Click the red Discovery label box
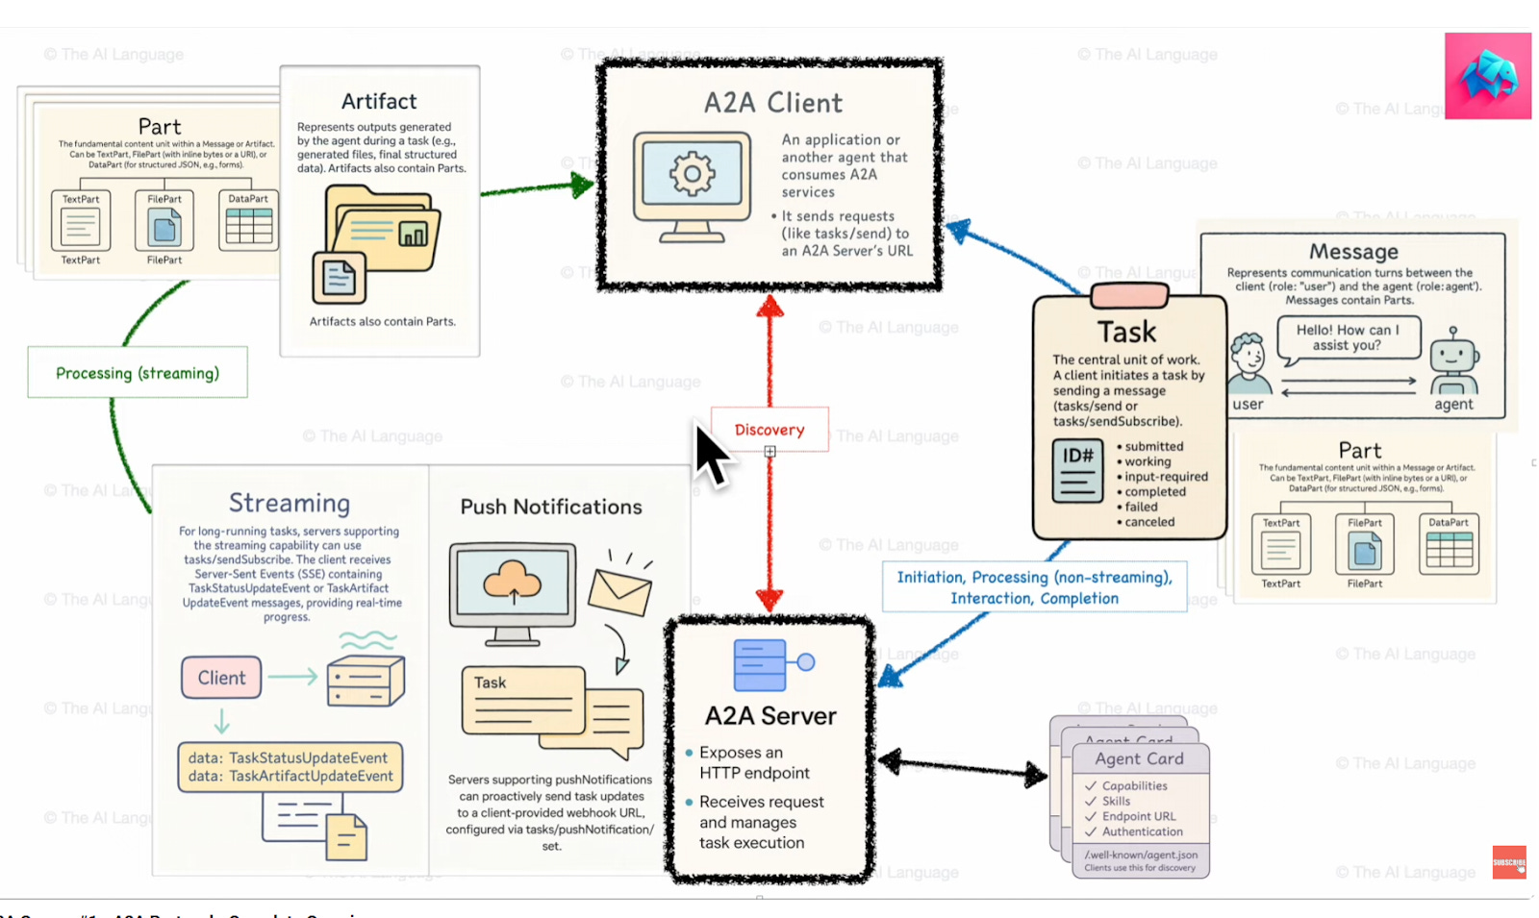[x=769, y=430]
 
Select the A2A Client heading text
[x=772, y=103]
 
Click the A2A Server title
[x=770, y=716]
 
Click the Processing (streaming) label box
[x=138, y=373]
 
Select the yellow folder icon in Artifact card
[x=383, y=231]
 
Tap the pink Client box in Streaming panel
[x=221, y=678]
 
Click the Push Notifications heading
[x=551, y=508]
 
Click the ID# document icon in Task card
[x=1077, y=471]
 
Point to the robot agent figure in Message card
[x=1453, y=360]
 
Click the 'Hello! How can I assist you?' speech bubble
[x=1347, y=337]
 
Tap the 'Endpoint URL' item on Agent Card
[x=1139, y=816]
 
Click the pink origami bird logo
[x=1488, y=76]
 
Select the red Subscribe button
[x=1509, y=862]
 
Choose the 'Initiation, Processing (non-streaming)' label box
[x=1034, y=587]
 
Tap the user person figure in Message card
[x=1249, y=363]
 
